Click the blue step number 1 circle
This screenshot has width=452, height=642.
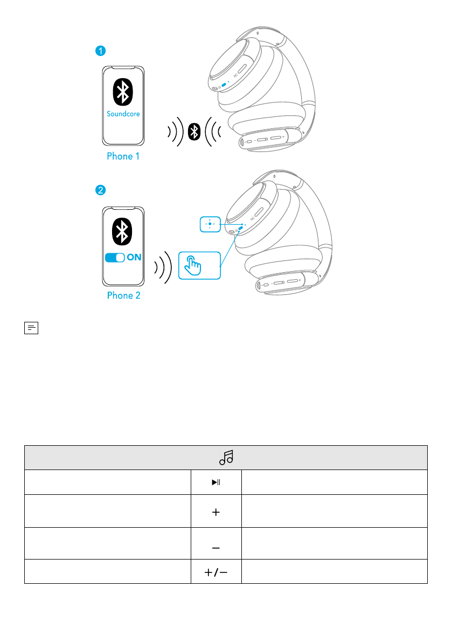point(100,51)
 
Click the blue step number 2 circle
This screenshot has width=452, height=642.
point(100,190)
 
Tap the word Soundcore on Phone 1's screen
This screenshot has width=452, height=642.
point(123,114)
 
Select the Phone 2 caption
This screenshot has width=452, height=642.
point(123,295)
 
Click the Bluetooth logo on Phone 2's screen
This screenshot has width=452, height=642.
point(123,231)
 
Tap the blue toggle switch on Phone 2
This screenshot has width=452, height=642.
point(115,258)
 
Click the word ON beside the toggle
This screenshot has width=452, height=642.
point(134,258)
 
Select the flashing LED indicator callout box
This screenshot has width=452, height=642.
point(210,224)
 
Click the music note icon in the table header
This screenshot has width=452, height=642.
point(226,458)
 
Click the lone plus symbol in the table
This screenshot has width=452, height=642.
point(216,513)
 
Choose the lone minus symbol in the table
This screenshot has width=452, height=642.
point(216,547)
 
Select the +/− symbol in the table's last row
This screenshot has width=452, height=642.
point(216,573)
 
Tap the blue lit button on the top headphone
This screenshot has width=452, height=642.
point(224,86)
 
